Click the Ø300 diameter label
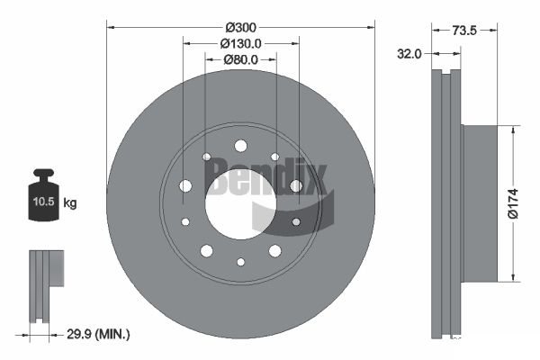tap(241, 27)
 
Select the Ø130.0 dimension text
tap(240, 44)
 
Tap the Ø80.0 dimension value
tap(240, 59)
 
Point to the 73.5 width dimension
tap(464, 31)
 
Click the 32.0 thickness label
tap(409, 54)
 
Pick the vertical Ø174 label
tap(513, 203)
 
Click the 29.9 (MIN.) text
tap(98, 334)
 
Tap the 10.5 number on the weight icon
tap(44, 202)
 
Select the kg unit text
tap(70, 202)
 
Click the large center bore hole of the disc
tap(240, 203)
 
